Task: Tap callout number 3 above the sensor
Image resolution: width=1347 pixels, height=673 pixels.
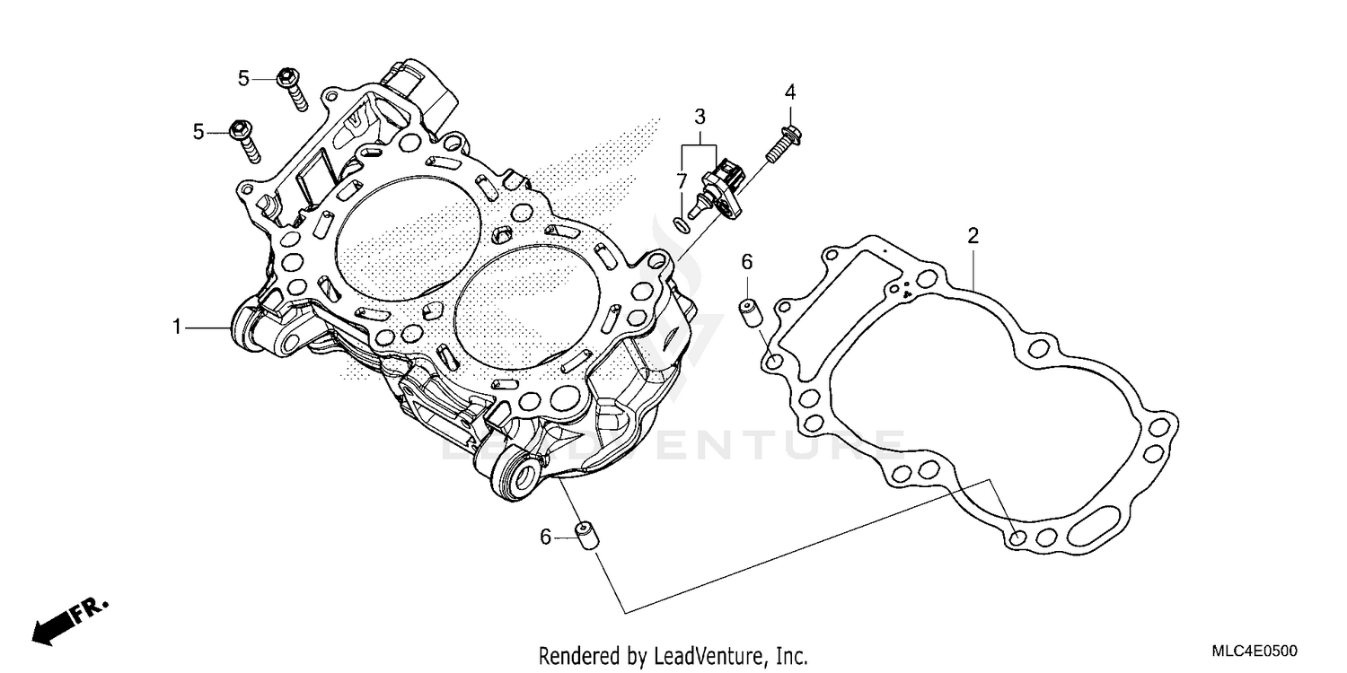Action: click(x=700, y=116)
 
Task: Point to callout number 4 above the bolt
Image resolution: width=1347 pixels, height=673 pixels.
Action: click(x=790, y=92)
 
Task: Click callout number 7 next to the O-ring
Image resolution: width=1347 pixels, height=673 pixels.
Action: click(x=682, y=179)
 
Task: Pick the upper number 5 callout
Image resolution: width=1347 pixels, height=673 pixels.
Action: click(x=243, y=79)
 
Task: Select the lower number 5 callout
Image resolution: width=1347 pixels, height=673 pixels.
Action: click(x=198, y=132)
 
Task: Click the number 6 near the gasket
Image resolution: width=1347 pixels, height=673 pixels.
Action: click(x=746, y=262)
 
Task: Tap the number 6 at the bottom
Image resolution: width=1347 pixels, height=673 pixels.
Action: click(x=545, y=537)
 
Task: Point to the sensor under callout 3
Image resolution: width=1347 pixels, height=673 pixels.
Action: click(x=720, y=187)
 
